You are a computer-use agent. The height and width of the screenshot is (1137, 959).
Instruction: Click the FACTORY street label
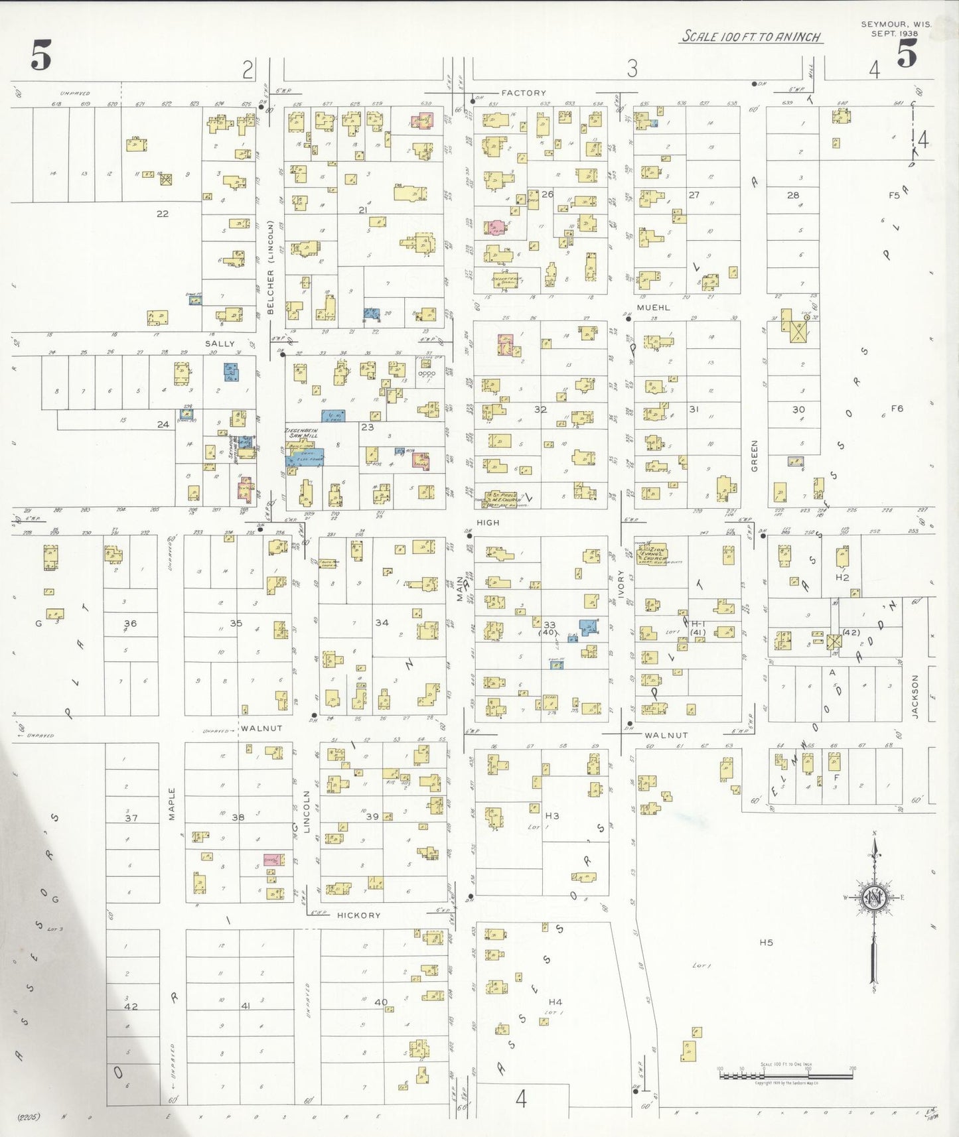(523, 93)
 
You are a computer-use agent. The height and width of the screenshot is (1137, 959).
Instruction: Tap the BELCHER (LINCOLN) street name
(270, 267)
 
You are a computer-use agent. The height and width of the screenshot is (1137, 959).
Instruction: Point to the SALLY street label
(220, 344)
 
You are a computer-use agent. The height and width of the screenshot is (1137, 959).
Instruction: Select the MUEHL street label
(653, 308)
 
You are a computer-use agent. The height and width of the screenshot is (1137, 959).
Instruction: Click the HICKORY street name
(359, 915)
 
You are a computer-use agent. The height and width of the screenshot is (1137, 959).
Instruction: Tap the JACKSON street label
(915, 697)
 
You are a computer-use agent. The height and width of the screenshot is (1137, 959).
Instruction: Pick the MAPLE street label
(172, 804)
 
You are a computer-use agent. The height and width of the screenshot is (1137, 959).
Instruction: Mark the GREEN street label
(754, 456)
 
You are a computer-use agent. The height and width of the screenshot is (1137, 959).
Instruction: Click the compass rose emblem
(874, 898)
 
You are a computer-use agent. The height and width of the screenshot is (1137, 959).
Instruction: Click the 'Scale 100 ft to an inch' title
(752, 36)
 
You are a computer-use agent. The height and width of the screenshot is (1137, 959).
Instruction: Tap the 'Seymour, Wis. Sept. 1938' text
(895, 29)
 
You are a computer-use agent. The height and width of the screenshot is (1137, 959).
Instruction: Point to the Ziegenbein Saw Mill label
(301, 433)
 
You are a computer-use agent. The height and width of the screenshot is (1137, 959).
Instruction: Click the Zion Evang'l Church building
(652, 554)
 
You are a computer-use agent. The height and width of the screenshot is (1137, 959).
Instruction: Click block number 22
(162, 214)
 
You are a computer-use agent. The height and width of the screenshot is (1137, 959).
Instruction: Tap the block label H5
(767, 942)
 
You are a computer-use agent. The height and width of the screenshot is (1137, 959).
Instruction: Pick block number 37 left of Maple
(131, 818)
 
